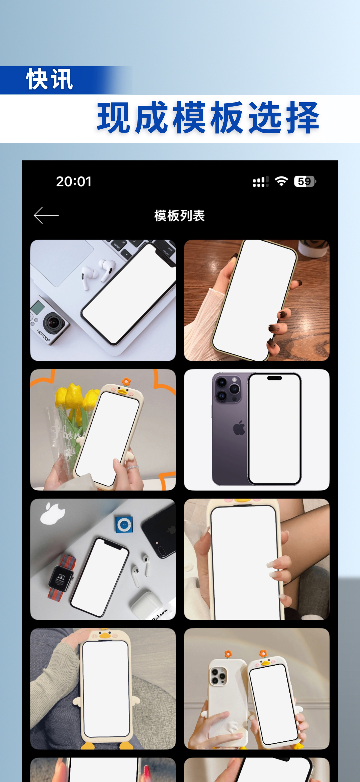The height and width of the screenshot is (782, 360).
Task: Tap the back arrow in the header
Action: click(x=46, y=215)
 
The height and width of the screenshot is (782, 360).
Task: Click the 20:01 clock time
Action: click(x=74, y=182)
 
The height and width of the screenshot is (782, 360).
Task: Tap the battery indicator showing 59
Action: click(x=305, y=182)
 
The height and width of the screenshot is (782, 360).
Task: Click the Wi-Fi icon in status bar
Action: click(x=281, y=182)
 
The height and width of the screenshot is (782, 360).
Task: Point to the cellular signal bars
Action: click(x=260, y=182)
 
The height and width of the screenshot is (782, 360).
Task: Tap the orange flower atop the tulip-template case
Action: click(x=126, y=381)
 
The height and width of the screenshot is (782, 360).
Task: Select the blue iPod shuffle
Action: click(x=124, y=525)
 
